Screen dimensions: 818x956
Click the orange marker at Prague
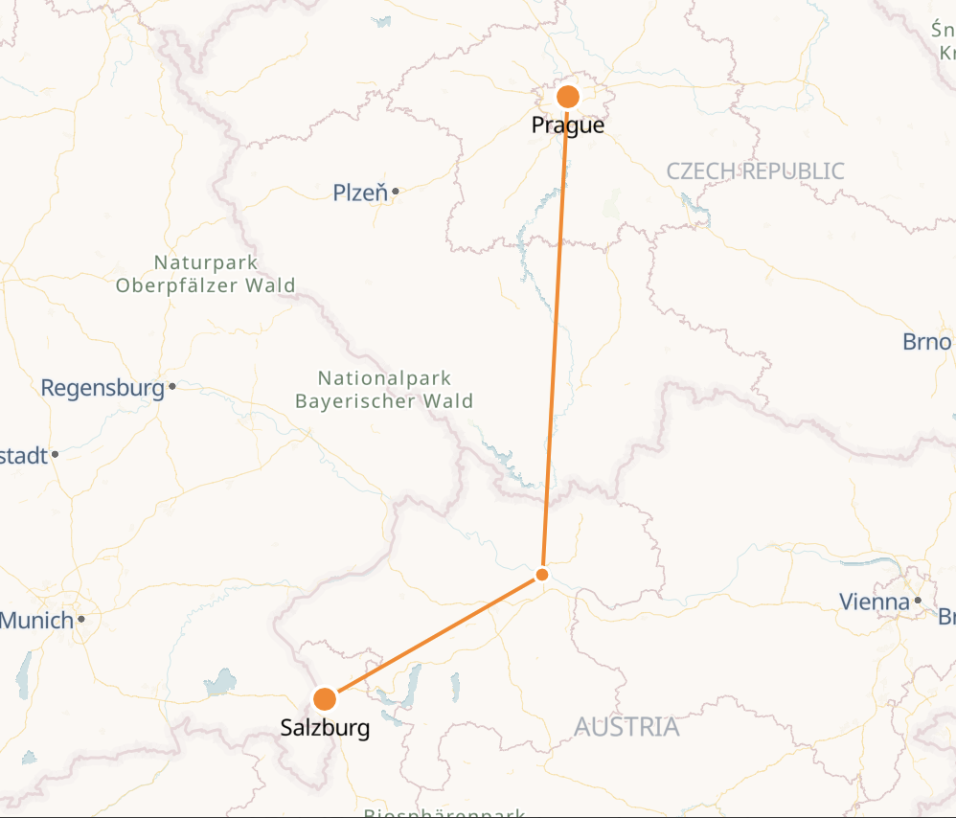[568, 97]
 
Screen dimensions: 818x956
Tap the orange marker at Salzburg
[325, 698]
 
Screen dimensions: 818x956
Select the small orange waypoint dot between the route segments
[542, 575]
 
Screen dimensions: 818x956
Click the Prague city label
[568, 125]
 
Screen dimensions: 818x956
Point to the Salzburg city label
[325, 728]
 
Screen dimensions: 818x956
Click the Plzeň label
[360, 193]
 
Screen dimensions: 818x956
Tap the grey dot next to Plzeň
[395, 191]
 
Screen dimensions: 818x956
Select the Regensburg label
[102, 388]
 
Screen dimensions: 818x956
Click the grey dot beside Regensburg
[171, 387]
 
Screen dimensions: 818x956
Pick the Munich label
[36, 620]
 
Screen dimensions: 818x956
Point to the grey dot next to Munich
[81, 619]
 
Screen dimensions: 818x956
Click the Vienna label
[874, 602]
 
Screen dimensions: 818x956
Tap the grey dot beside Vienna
[918, 601]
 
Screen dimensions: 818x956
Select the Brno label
[926, 342]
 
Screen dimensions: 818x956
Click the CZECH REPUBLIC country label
[755, 171]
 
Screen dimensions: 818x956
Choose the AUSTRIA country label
[626, 727]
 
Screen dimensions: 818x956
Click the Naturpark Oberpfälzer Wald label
[205, 273]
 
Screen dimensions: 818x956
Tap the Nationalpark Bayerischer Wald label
[384, 390]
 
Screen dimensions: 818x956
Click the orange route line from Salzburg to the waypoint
[433, 637]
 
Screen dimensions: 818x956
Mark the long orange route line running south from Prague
[556, 335]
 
